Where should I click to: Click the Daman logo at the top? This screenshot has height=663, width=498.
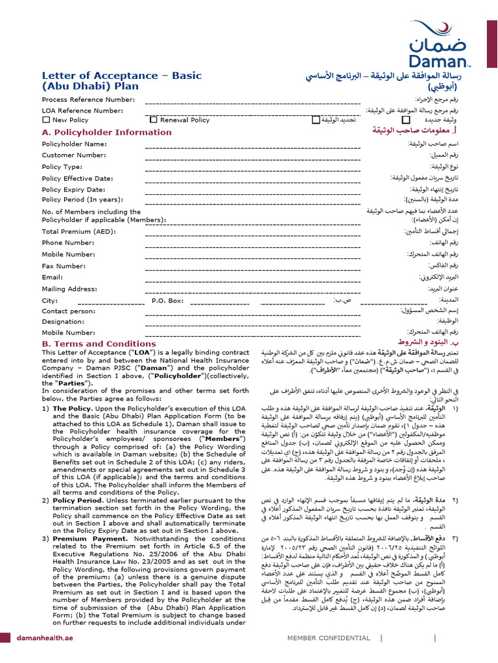click(x=438, y=45)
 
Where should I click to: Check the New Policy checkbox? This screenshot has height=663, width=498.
click(x=46, y=120)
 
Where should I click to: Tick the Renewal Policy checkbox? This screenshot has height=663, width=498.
click(x=154, y=120)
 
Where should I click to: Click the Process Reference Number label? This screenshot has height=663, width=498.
click(x=88, y=99)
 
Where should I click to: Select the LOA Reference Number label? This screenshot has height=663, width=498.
click(x=82, y=110)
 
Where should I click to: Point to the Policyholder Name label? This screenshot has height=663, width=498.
click(x=74, y=144)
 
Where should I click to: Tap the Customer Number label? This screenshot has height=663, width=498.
click(x=73, y=155)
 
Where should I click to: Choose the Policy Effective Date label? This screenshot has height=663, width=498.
click(x=77, y=178)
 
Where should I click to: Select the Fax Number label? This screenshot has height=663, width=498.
click(x=64, y=266)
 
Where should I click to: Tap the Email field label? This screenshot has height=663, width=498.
click(x=53, y=277)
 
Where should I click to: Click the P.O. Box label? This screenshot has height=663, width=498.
click(x=168, y=300)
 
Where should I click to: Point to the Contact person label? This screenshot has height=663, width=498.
click(x=68, y=311)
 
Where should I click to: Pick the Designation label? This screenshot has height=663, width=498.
click(x=63, y=321)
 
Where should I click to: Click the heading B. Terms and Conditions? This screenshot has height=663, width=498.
click(x=99, y=344)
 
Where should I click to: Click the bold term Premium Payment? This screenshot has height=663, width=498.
click(x=84, y=556)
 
